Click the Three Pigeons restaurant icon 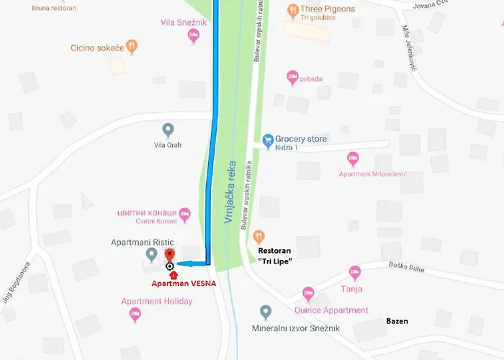click(x=293, y=10)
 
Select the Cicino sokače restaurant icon click(x=132, y=47)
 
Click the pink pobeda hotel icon click(x=292, y=77)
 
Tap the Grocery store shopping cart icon click(x=268, y=139)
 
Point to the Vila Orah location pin click(x=168, y=130)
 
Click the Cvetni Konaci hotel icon click(x=184, y=213)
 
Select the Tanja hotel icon click(x=354, y=272)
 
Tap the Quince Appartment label click(x=331, y=311)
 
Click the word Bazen click(x=397, y=321)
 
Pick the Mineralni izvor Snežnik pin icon click(x=266, y=312)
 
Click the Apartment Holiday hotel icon click(x=135, y=314)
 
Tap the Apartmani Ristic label click(x=143, y=243)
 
